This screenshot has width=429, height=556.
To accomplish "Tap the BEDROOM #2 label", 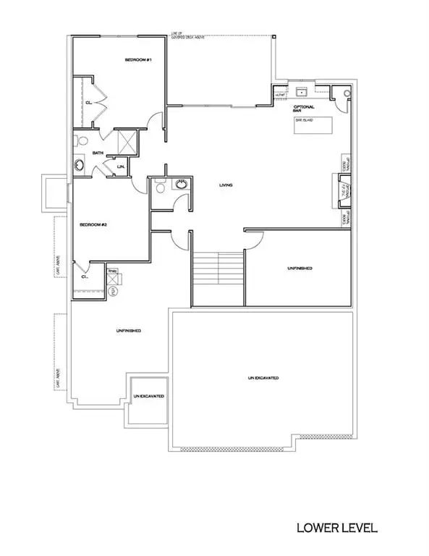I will [93, 224].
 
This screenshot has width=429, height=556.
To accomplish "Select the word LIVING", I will [226, 186].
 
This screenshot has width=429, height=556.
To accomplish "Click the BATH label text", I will [98, 153].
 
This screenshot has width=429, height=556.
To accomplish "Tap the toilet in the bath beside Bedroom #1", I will [82, 140].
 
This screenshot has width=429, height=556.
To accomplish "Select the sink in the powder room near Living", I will [181, 185].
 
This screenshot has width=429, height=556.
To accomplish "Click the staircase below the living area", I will [218, 278].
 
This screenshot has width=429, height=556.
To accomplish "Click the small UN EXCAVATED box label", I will [149, 397].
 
